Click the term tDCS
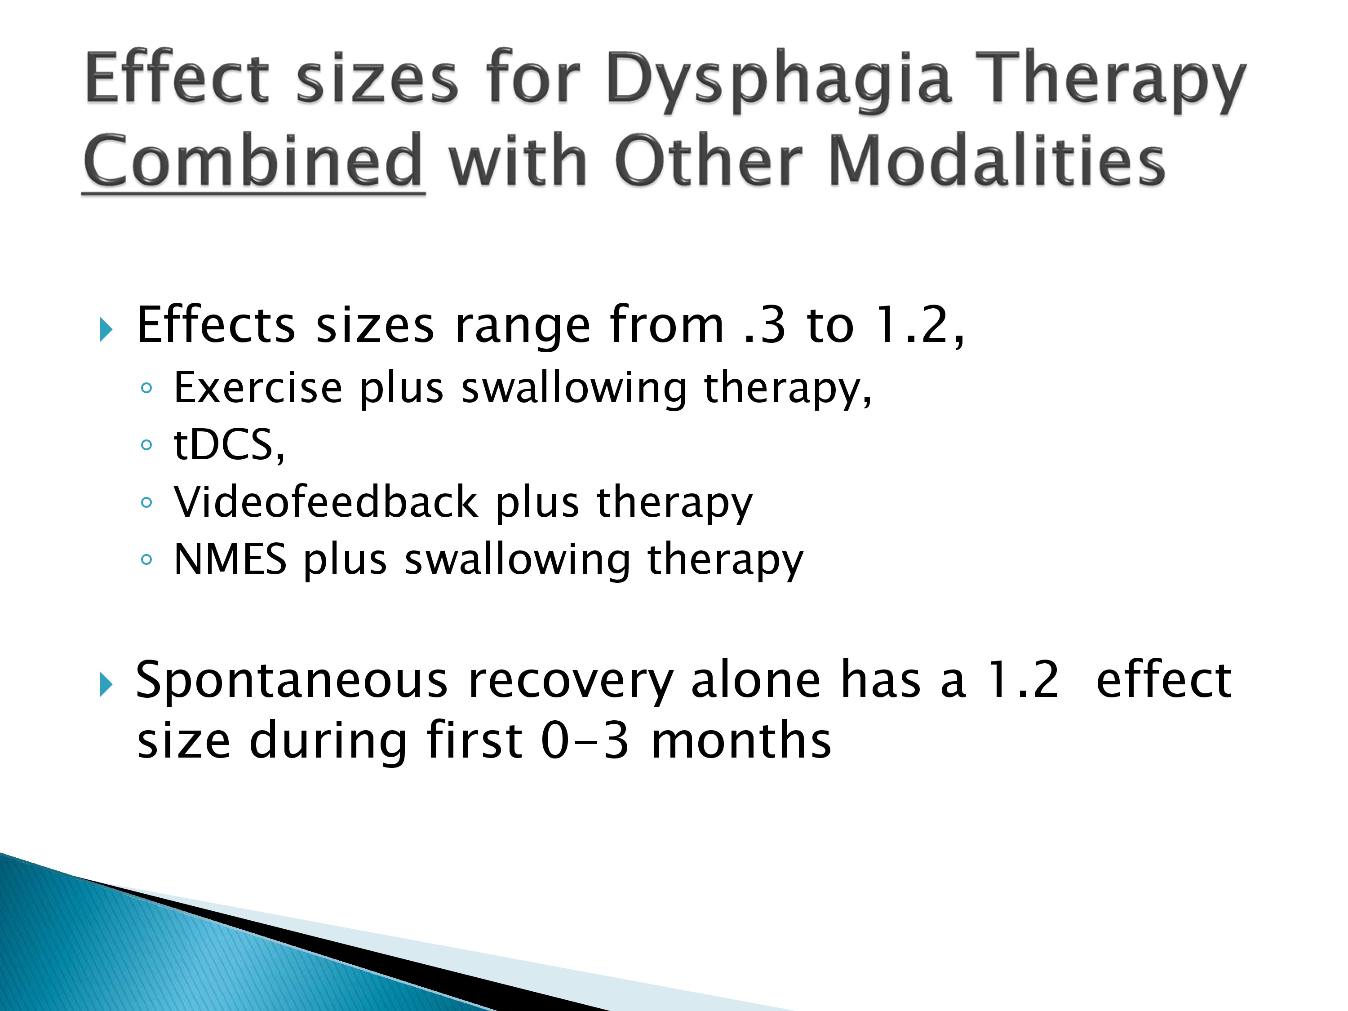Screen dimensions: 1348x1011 [x=229, y=445]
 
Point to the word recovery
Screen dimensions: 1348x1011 [x=570, y=683]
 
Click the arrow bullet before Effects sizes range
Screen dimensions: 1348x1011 [x=106, y=330]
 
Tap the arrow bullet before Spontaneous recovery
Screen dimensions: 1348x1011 [x=106, y=685]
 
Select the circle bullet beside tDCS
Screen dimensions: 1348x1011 [x=146, y=445]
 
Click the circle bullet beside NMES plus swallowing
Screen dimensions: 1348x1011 [x=146, y=559]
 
